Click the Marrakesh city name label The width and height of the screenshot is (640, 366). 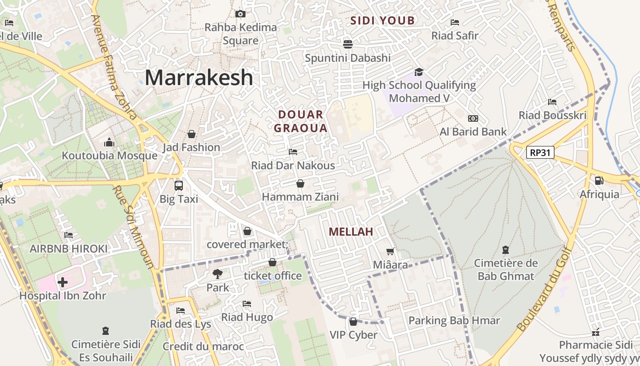[x=199, y=77]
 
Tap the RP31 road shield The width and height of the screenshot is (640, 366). [x=540, y=152]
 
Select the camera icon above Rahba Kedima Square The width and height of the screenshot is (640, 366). [x=240, y=14]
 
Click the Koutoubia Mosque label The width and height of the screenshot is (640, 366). [x=110, y=156]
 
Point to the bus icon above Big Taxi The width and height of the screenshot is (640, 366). [x=179, y=186]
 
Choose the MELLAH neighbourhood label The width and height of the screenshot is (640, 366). [x=351, y=231]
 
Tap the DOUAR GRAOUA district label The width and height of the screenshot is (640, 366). [x=301, y=121]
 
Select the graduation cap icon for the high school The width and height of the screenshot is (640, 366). [x=419, y=72]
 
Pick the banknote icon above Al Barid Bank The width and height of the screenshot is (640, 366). [x=473, y=118]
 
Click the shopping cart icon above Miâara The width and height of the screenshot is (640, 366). [x=390, y=251]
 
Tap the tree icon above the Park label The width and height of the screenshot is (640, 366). [x=218, y=274]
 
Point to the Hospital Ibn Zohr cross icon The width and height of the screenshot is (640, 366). [x=63, y=282]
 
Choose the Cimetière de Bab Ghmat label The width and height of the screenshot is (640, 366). [x=506, y=269]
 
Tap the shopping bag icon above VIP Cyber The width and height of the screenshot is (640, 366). [x=353, y=322]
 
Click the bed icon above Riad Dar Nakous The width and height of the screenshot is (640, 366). [x=293, y=152]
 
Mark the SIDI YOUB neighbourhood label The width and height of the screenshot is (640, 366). [x=383, y=20]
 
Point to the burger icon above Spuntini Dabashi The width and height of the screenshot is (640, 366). [x=348, y=44]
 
